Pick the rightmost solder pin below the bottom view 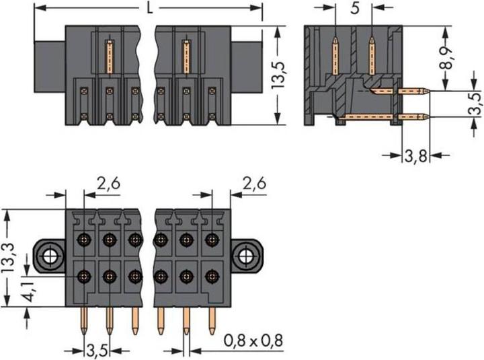point(212,320)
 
